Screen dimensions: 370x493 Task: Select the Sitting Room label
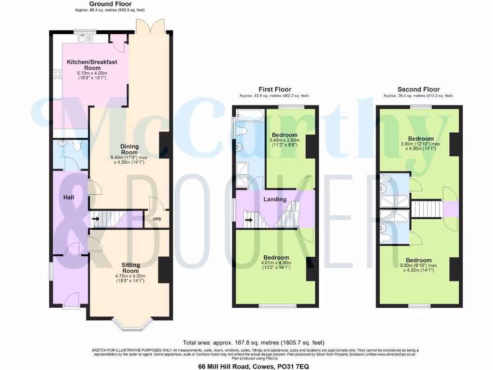click(130, 268)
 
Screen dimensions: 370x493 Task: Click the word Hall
click(68, 198)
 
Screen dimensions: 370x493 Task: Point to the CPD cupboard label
click(157, 220)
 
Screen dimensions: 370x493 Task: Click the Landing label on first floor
click(275, 199)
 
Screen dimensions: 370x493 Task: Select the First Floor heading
click(275, 90)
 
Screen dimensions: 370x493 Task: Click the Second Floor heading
click(418, 90)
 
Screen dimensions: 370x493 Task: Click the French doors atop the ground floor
click(151, 26)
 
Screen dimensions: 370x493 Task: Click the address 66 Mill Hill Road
click(257, 366)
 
